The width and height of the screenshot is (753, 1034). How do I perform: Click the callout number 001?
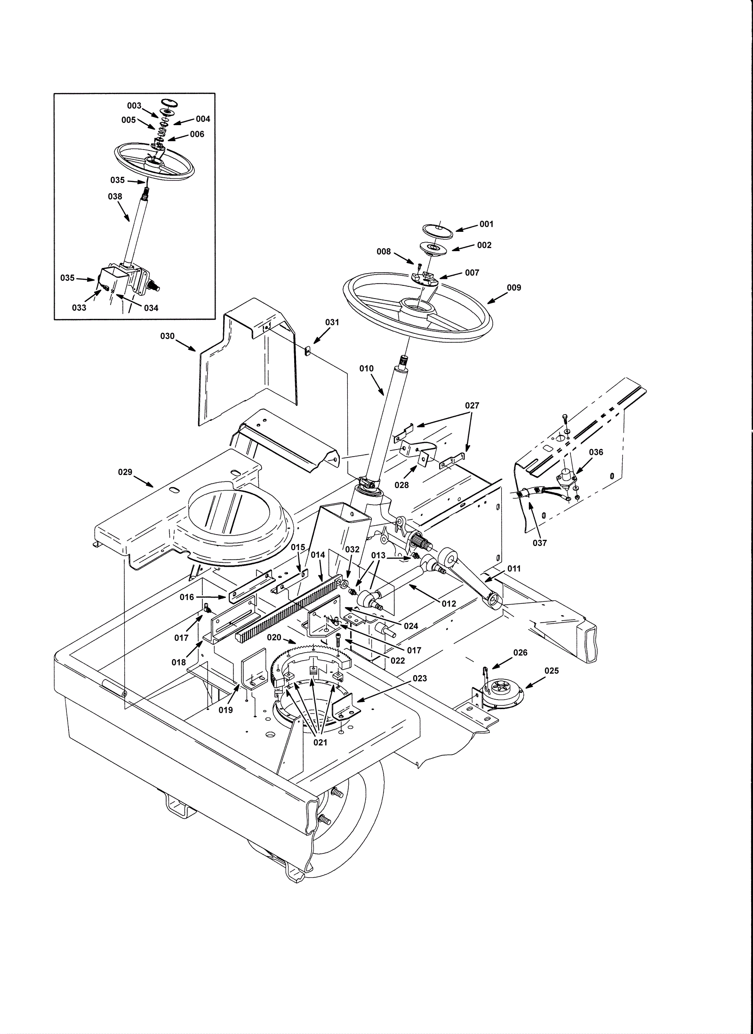tap(486, 224)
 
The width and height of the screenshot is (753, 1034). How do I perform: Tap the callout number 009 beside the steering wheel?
tap(514, 287)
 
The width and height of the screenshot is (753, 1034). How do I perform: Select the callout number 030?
tap(167, 336)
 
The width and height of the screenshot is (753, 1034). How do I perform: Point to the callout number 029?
tap(125, 472)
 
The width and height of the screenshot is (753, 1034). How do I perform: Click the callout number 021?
tap(320, 742)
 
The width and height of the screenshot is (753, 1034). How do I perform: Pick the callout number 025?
tap(551, 671)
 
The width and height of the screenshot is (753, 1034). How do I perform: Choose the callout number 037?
tap(540, 543)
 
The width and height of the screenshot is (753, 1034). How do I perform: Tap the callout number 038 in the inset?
tap(115, 197)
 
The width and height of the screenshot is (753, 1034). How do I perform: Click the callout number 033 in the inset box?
tap(79, 308)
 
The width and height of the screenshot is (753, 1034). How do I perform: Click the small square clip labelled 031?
tap(307, 351)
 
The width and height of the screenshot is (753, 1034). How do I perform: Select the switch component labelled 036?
tap(566, 481)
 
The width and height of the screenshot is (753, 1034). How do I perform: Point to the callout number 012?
tap(449, 603)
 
